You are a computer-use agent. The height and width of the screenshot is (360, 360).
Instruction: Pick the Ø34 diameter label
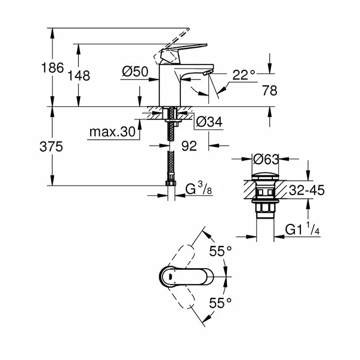tap(209, 122)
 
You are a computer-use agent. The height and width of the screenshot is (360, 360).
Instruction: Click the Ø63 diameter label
tap(266, 159)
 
